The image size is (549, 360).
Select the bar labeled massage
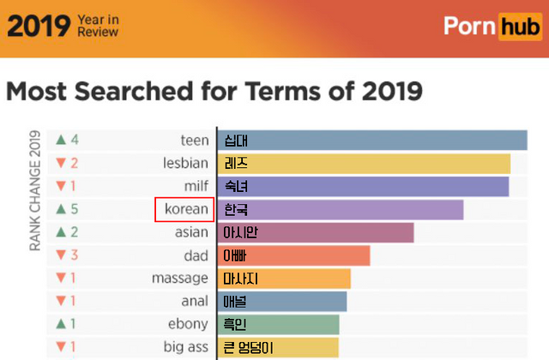[x=284, y=279]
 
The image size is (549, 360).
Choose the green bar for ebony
[x=278, y=324]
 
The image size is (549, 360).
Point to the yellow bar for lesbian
[x=364, y=163]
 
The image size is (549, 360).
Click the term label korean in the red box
[x=184, y=209]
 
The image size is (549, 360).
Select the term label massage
[x=179, y=279]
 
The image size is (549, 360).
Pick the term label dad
[x=196, y=255]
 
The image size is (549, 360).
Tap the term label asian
[x=190, y=232]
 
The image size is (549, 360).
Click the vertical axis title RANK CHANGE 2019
[x=36, y=190]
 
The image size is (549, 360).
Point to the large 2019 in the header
[x=37, y=27]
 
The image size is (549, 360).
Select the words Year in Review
[x=98, y=27]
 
